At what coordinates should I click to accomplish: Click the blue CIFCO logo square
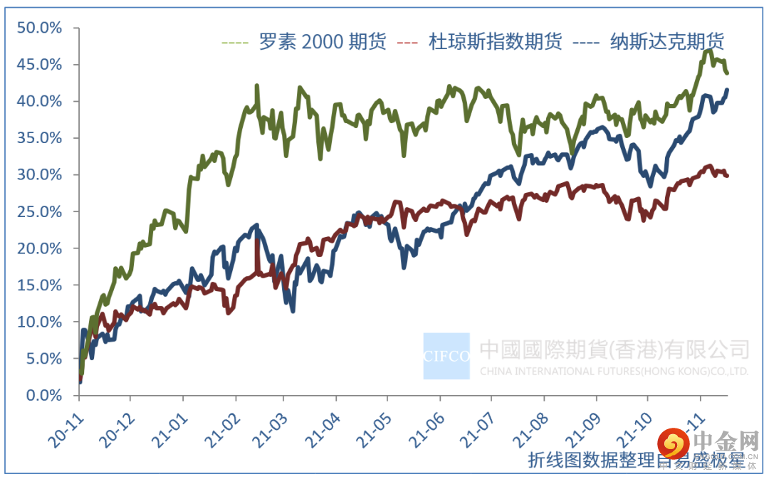446,356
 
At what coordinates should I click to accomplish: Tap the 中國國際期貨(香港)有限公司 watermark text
614,349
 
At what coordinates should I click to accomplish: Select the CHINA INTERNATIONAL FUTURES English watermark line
614,372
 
